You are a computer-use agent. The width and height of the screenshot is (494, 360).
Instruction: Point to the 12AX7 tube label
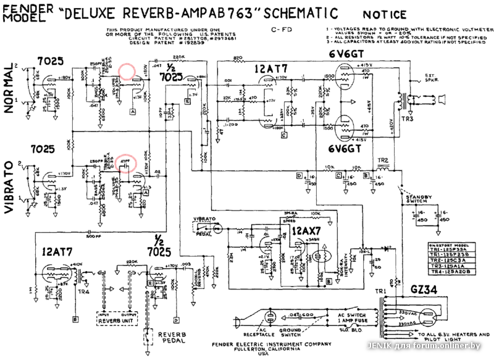pos(306,230)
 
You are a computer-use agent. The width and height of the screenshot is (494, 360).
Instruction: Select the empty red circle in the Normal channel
pos(127,72)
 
